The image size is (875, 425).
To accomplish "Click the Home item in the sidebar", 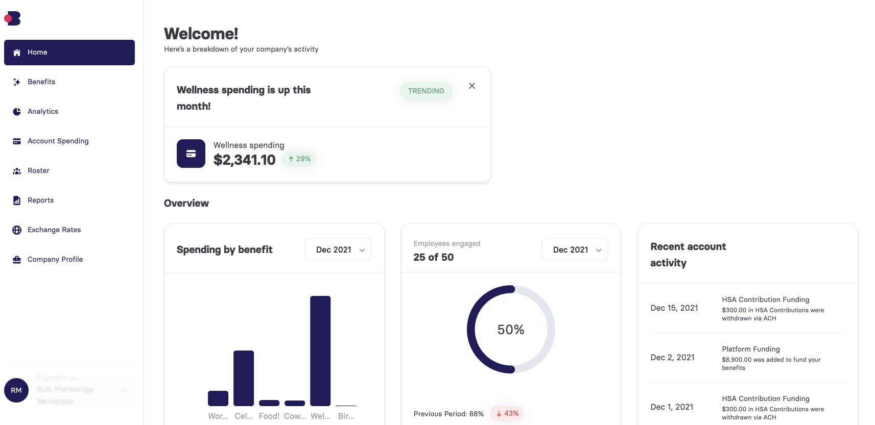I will point(69,53).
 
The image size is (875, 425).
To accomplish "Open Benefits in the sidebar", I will point(41,82).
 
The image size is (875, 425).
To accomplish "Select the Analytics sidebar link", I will point(42,112).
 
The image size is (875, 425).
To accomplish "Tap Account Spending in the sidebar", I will point(58,141).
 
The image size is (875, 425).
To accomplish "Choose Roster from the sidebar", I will point(38,171).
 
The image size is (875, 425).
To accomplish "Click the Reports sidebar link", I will point(40,201).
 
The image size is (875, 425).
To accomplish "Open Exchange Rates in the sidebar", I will point(54,230).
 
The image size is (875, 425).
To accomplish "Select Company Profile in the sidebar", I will point(55,260).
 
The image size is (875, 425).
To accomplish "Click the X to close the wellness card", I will point(472,86).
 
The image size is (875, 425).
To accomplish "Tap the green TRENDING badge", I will point(426,91).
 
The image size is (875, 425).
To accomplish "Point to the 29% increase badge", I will point(299,159).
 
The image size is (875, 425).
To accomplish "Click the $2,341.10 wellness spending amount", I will point(244,160).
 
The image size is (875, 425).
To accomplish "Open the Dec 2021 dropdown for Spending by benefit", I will point(338,250).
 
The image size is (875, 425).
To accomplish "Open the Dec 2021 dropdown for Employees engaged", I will point(575,250).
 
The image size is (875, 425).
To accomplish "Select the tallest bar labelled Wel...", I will point(320,351).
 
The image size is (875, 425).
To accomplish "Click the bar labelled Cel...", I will point(244,378).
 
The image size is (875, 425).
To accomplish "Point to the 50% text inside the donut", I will point(511,330).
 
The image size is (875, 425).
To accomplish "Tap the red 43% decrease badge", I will point(507,414).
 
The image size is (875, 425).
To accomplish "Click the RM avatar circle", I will point(16,390).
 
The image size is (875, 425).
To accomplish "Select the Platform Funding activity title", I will point(751,349).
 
